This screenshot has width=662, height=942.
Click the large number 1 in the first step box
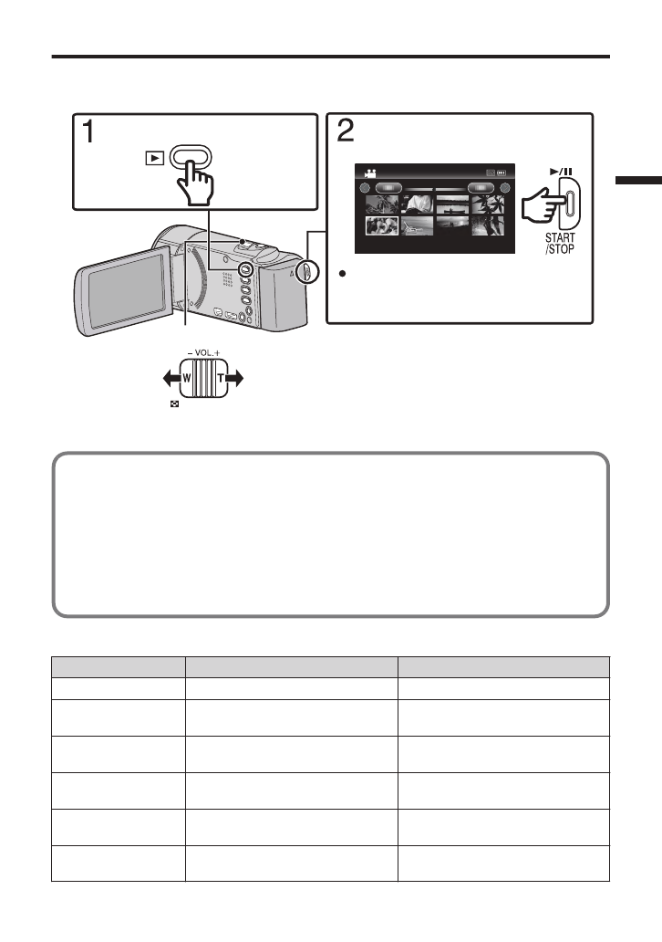pos(88,133)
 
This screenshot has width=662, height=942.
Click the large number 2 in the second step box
pos(346,133)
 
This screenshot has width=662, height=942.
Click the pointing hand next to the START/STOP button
pos(542,207)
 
